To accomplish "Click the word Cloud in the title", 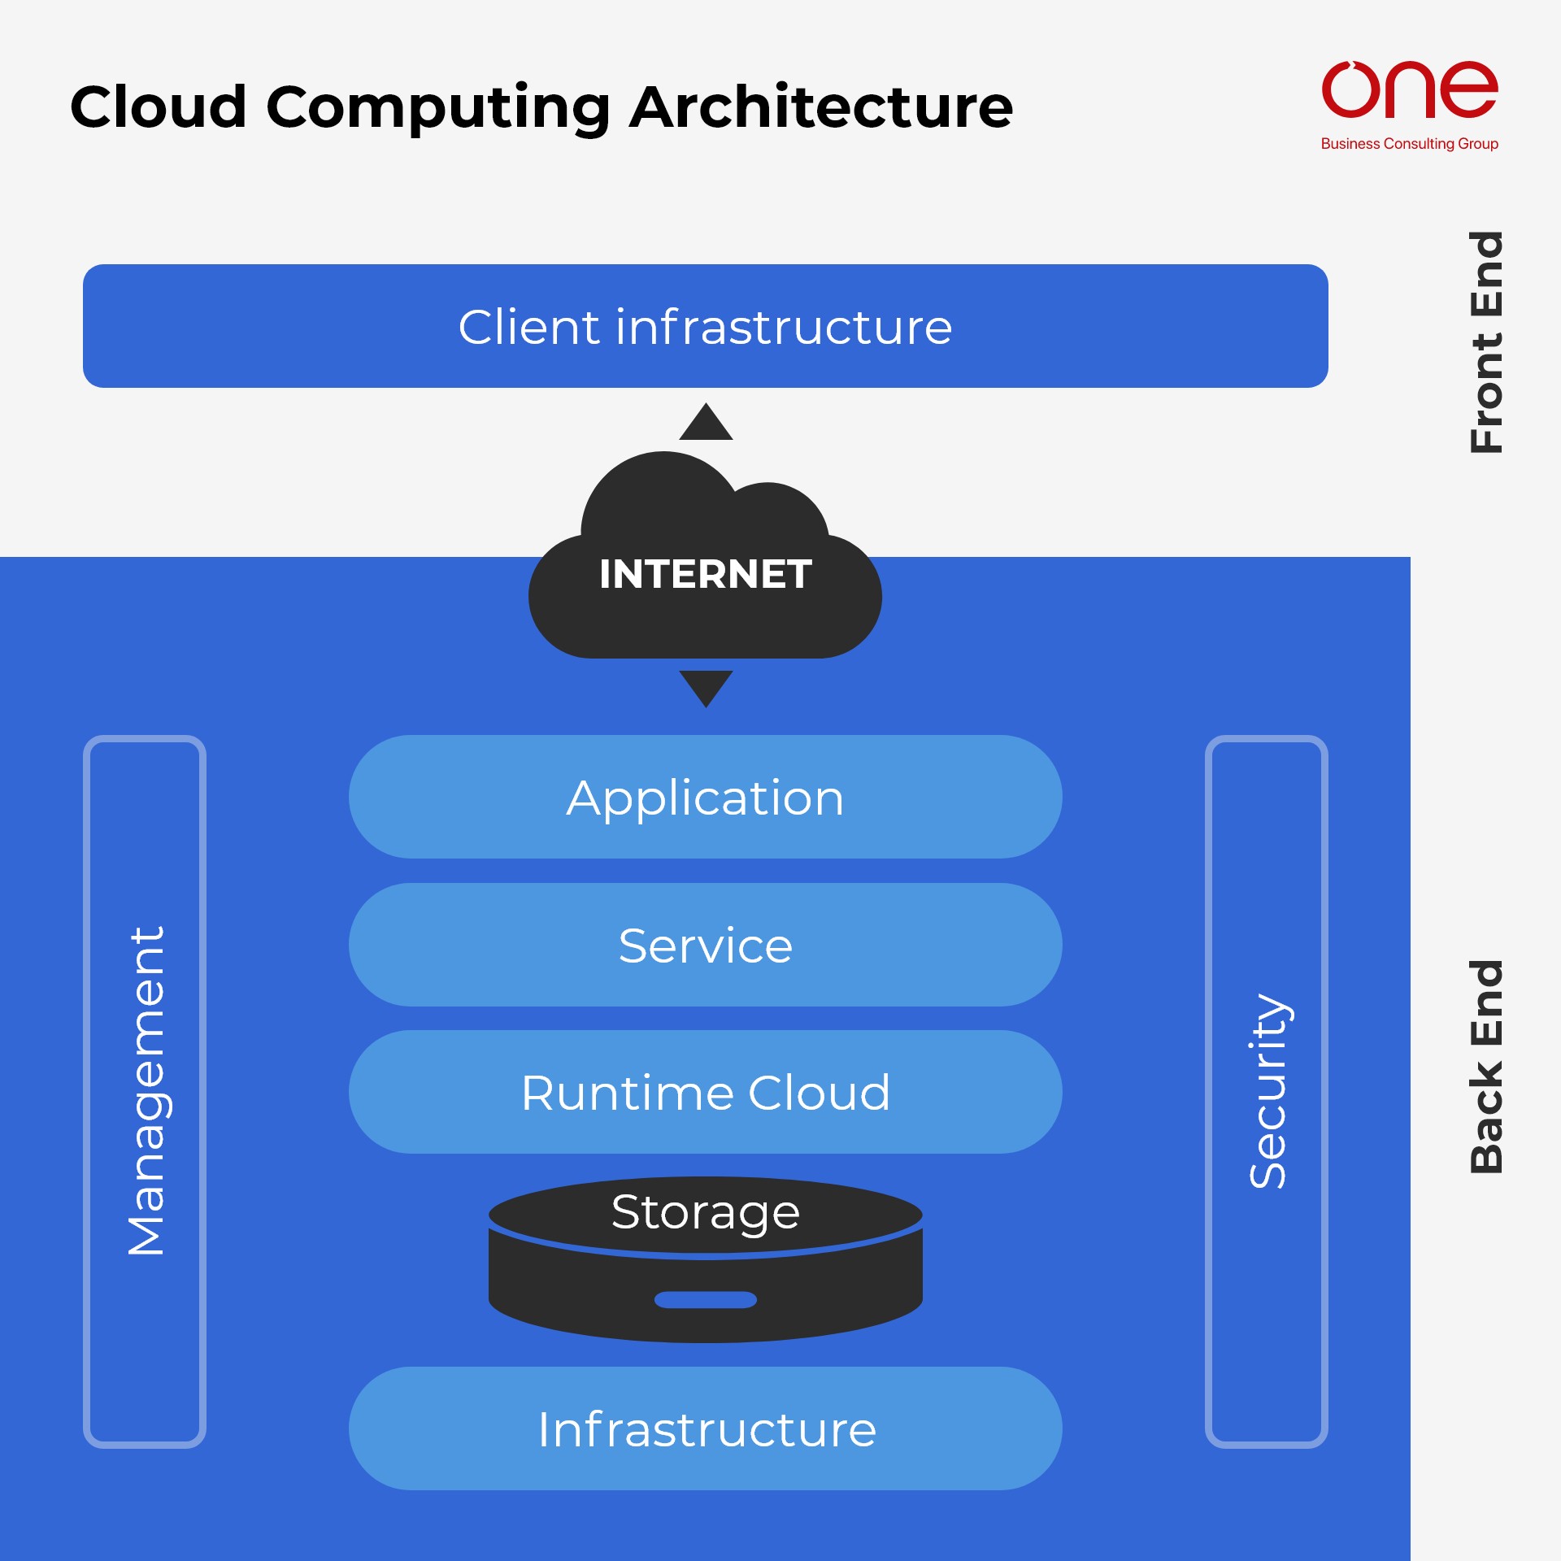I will pyautogui.click(x=159, y=107).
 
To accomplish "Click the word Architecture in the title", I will pyautogui.click(x=821, y=107).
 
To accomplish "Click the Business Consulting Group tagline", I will pyautogui.click(x=1409, y=144).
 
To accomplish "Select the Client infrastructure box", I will pyautogui.click(x=705, y=326).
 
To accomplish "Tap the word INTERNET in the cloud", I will pyautogui.click(x=705, y=574).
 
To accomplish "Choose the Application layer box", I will pyautogui.click(x=705, y=797).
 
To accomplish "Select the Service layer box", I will pyautogui.click(x=705, y=945).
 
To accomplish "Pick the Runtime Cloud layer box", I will pyautogui.click(x=705, y=1092).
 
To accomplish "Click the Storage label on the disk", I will pyautogui.click(x=705, y=1212).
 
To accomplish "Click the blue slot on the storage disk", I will pyautogui.click(x=705, y=1300).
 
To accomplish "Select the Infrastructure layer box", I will pyautogui.click(x=705, y=1429).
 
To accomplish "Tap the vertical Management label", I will pyautogui.click(x=146, y=1091).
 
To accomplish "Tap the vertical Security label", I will pyautogui.click(x=1267, y=1091).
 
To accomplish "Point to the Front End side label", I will pyautogui.click(x=1486, y=342).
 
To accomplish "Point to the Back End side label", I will pyautogui.click(x=1486, y=1067).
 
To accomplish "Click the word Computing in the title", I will pyautogui.click(x=438, y=109).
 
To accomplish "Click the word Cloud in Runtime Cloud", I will pyautogui.click(x=819, y=1092).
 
